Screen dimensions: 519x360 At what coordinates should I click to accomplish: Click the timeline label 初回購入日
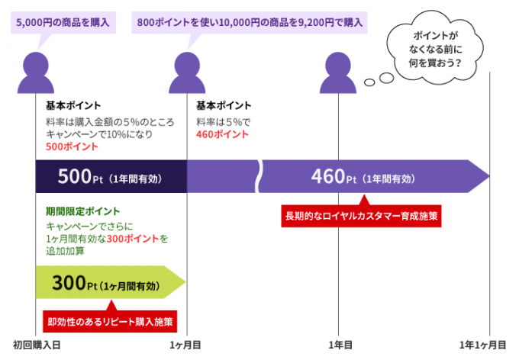coord(37,345)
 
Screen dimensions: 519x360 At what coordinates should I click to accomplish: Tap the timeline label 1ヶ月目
coord(185,345)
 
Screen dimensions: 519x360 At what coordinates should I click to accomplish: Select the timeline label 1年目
coord(340,345)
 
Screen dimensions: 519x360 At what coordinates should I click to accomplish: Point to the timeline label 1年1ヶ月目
coord(482,345)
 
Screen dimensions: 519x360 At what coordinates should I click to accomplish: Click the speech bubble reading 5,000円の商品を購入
coord(63,23)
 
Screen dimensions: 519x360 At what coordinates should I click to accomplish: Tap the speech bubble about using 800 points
coord(250,23)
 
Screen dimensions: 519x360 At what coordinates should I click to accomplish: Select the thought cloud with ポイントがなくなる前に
coord(435,48)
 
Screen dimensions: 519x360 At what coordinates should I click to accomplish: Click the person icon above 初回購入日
coord(36,72)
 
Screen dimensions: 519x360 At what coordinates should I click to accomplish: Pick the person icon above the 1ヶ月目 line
coord(187,72)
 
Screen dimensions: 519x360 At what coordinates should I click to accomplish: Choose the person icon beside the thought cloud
coord(338,72)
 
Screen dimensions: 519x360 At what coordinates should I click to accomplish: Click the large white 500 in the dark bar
coord(75,176)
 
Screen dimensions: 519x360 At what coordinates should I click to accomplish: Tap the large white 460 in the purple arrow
coord(328,176)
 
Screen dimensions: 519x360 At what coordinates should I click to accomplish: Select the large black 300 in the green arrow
coord(69,283)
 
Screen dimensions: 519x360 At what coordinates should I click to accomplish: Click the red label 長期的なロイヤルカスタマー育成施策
coord(361,216)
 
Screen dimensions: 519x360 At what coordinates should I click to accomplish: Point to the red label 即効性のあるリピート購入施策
coord(110,321)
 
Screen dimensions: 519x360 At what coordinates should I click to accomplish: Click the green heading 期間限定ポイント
coord(82,211)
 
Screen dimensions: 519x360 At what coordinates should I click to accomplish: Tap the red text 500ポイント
coord(72,146)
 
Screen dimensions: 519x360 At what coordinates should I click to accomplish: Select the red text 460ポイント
coord(222,134)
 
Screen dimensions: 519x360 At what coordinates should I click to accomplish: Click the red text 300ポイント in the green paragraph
coord(133,239)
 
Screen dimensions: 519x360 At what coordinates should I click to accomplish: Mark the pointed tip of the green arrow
coord(185,282)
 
